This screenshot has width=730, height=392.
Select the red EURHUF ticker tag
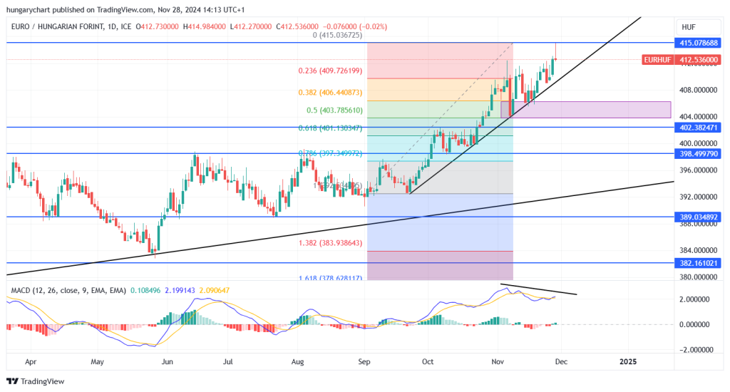pos(655,60)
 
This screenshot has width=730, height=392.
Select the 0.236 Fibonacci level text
pos(330,71)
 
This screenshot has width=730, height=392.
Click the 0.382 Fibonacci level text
pos(330,93)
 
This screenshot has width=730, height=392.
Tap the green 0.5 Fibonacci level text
pos(334,110)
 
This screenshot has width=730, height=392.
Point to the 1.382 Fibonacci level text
pos(330,243)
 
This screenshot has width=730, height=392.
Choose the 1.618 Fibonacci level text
pos(330,279)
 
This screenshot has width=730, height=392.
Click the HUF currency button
pos(688,27)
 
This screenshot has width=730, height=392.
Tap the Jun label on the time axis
pos(168,361)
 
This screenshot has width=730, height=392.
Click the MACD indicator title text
pos(68,290)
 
